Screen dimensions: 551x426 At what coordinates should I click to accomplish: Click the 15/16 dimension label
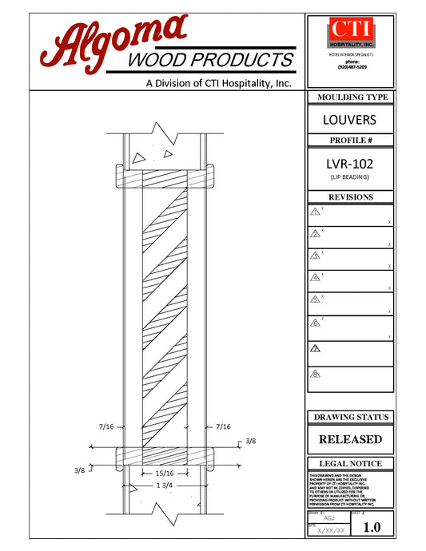[165, 473]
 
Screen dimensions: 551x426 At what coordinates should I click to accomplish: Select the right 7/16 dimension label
[223, 427]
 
